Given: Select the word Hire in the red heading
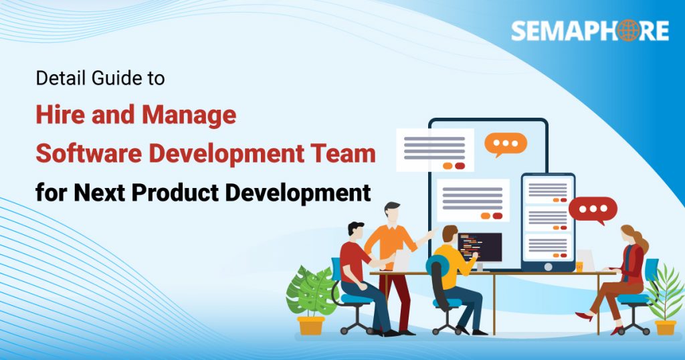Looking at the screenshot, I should pos(58,115).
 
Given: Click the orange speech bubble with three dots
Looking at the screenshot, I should pos(505,144).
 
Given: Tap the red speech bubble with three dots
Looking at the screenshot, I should pos(593,210).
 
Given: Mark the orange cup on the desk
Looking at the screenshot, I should pos(579,266).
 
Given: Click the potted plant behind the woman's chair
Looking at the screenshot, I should pos(666,298).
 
